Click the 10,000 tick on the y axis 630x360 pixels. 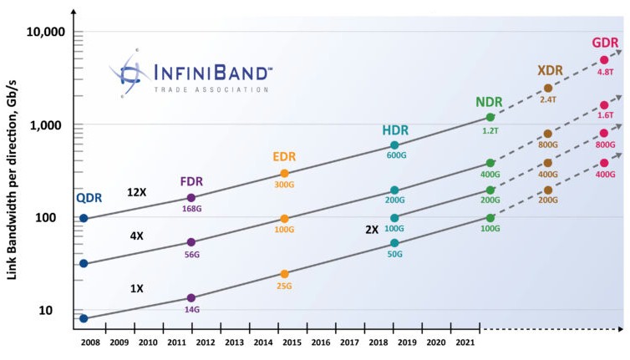42,33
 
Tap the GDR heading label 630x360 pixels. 604,43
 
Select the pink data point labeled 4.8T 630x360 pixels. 604,60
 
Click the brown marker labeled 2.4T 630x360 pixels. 548,88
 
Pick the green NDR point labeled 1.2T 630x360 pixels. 490,118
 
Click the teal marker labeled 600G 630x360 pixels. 394,145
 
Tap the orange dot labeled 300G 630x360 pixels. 285,174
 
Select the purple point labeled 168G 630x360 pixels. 191,198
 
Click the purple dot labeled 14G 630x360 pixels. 191,297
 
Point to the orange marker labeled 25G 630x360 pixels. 285,274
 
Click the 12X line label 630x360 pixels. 137,192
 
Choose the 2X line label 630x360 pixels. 371,228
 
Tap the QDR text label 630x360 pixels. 89,198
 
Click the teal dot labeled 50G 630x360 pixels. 394,243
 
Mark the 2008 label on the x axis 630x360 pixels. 90,342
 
